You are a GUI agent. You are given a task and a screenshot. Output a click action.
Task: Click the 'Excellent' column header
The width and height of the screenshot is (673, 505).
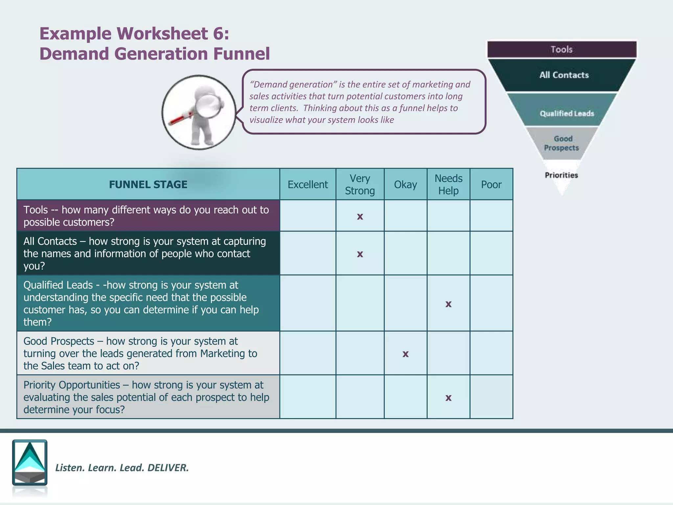click(x=308, y=184)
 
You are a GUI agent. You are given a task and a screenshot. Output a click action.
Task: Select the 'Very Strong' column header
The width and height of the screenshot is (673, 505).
click(x=360, y=184)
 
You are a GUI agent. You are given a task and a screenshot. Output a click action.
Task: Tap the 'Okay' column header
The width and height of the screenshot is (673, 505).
click(x=406, y=184)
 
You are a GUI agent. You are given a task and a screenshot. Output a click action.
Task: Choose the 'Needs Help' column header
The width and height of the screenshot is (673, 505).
click(x=448, y=184)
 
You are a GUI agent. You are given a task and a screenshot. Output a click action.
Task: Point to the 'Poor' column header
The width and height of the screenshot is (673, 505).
click(x=491, y=184)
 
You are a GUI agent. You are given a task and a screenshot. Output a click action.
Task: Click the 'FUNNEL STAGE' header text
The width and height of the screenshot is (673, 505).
click(x=148, y=184)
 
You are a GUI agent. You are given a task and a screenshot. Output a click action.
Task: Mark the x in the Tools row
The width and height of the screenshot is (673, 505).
click(x=360, y=217)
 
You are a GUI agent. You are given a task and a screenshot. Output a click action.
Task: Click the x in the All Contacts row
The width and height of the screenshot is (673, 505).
click(x=360, y=254)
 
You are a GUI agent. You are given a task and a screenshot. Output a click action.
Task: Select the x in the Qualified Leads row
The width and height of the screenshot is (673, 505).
click(x=448, y=304)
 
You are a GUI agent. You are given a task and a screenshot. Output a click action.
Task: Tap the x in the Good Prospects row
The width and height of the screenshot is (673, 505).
click(x=406, y=354)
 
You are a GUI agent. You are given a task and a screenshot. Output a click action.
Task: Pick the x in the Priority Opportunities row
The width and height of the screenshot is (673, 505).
click(x=448, y=398)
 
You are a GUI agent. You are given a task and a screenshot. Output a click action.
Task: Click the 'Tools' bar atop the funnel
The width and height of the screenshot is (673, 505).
click(x=562, y=50)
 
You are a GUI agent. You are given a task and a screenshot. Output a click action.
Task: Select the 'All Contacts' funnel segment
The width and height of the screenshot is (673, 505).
click(x=564, y=75)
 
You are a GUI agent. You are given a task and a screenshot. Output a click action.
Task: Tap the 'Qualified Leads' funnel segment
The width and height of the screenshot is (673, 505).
click(x=567, y=113)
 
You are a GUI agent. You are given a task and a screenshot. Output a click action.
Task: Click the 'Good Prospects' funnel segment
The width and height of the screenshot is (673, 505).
click(x=562, y=143)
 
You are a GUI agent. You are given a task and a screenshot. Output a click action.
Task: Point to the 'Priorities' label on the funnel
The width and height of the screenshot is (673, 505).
click(x=561, y=175)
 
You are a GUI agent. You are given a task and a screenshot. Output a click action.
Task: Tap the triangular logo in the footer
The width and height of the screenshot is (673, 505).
click(x=30, y=462)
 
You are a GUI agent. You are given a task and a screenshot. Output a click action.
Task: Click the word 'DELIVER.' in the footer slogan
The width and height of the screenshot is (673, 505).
click(x=168, y=468)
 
